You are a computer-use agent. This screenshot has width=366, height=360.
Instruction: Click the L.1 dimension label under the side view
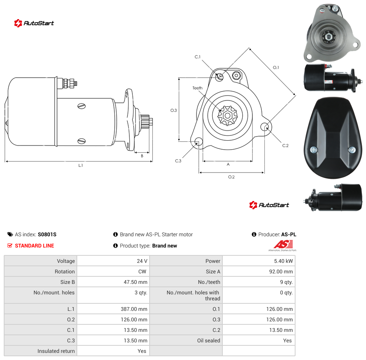[81, 165]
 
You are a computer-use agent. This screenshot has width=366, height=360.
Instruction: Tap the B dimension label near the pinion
[142, 156]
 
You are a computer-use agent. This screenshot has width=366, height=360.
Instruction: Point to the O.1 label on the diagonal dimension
[276, 67]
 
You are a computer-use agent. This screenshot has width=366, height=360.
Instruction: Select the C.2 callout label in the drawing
[285, 145]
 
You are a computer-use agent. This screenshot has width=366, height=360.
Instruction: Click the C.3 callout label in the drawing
[178, 161]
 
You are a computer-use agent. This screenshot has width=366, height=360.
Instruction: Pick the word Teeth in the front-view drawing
[198, 88]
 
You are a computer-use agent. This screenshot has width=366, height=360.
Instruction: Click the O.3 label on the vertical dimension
[173, 110]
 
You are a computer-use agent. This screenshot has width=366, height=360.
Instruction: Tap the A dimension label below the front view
[228, 164]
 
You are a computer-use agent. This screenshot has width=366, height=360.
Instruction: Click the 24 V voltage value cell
[142, 261]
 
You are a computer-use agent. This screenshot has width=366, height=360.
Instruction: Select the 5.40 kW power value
[283, 261]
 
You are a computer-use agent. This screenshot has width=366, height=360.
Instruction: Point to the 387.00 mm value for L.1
[134, 309]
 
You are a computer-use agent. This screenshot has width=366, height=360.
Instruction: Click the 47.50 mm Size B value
[135, 282]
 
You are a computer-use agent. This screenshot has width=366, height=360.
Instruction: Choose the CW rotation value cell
[142, 271]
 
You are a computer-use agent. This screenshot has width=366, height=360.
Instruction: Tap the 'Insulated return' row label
[56, 351]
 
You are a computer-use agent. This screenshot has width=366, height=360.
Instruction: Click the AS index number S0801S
[47, 234]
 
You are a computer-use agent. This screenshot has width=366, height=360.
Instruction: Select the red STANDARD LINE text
[34, 246]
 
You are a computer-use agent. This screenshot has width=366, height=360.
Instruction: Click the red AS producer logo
[283, 244]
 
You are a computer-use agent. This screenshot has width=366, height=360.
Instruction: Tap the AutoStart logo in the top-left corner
[34, 23]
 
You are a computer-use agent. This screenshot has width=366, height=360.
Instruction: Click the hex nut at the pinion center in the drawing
[227, 115]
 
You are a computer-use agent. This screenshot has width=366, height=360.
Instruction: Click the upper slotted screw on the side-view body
[81, 106]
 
